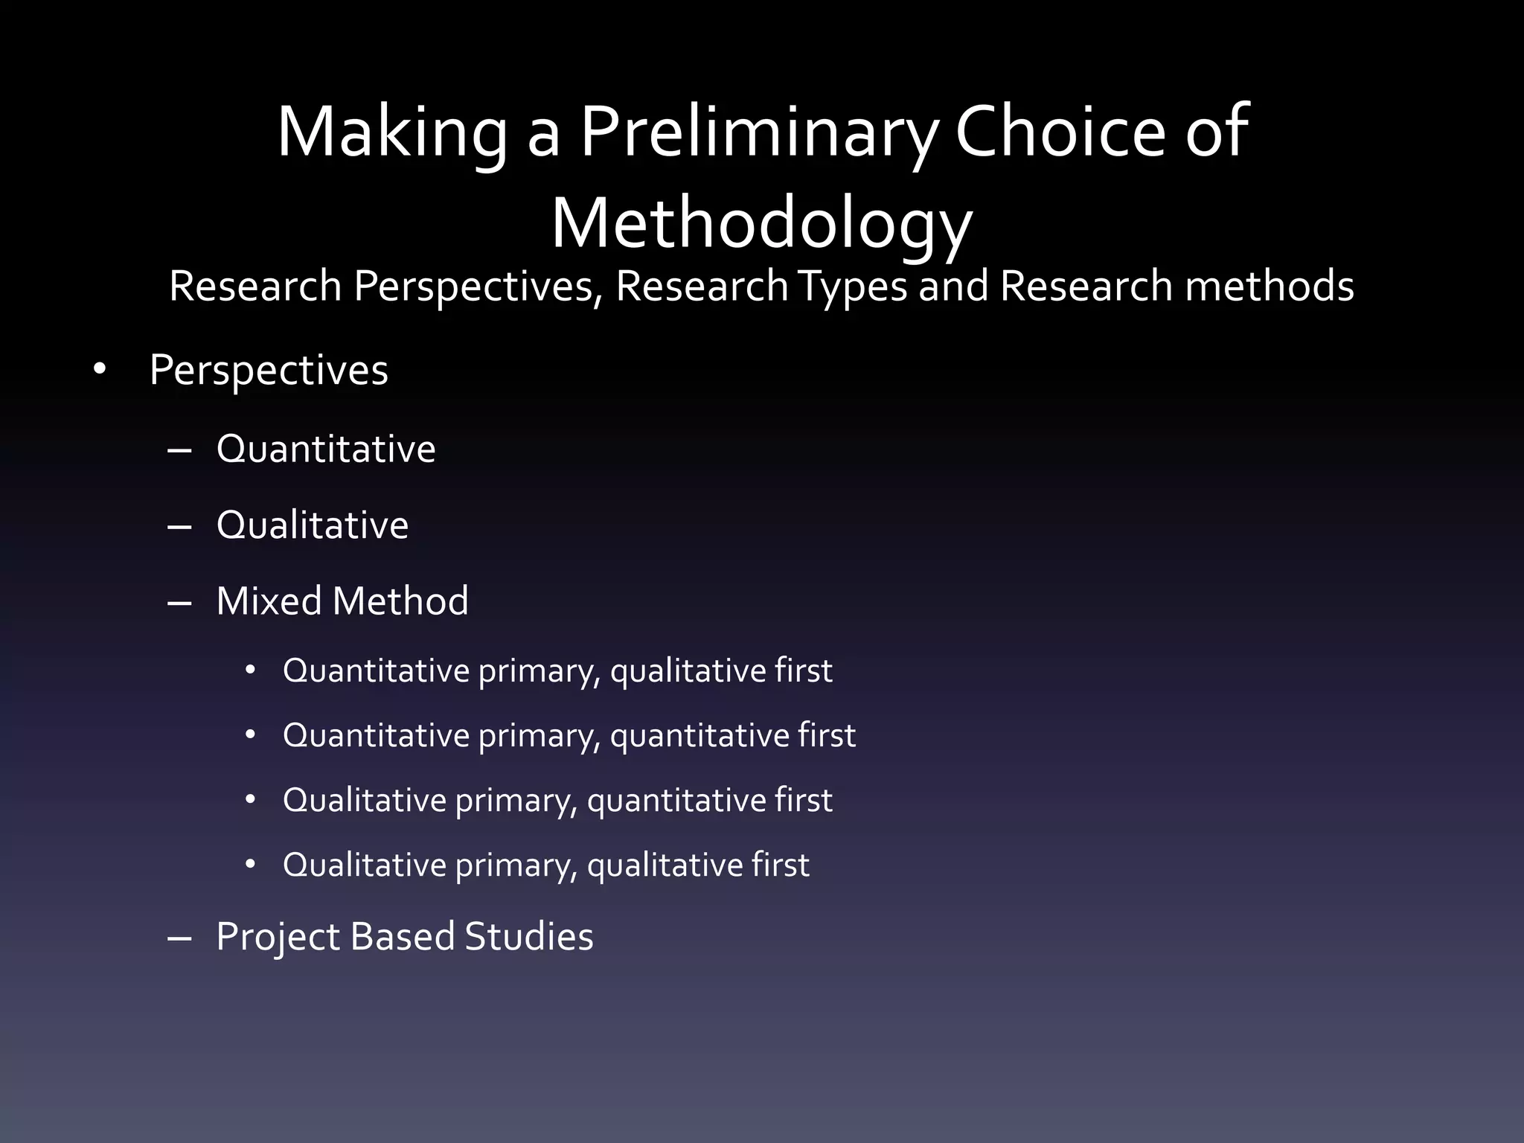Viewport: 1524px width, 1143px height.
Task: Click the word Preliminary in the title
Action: point(759,132)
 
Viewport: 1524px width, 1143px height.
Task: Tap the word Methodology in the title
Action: point(761,224)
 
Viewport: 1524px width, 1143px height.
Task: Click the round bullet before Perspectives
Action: point(100,369)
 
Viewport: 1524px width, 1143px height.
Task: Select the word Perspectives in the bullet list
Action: point(269,371)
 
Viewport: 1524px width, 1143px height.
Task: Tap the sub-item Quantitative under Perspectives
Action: point(326,449)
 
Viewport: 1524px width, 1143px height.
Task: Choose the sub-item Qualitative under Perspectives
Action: point(313,525)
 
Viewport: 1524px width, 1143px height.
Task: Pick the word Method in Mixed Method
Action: point(400,601)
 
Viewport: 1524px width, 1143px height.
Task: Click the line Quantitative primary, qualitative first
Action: point(557,671)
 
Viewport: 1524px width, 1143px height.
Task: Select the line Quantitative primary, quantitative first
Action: point(569,736)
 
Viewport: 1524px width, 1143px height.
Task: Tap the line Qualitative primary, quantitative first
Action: point(557,801)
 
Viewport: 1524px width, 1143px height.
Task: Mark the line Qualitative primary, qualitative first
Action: point(546,865)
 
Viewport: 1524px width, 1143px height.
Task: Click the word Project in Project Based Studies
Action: point(277,937)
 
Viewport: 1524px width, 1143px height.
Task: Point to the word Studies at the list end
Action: point(529,937)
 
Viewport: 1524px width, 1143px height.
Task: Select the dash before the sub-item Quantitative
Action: point(180,451)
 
